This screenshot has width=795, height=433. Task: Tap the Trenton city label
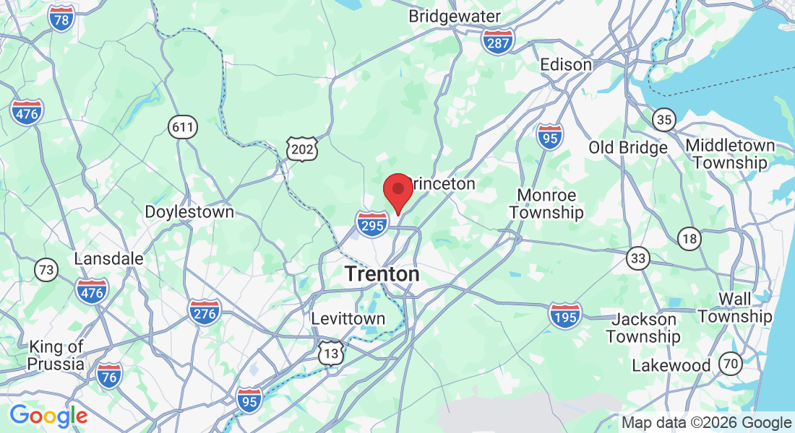point(382,274)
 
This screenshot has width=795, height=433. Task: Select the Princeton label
point(442,184)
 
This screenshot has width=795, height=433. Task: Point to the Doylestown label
point(189,212)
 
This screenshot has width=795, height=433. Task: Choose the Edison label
point(566,64)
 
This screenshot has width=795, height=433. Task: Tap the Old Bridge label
point(627,148)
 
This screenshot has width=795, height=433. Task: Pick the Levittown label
point(348,318)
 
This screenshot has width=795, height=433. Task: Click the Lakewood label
point(671,365)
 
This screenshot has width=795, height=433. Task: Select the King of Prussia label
point(56,356)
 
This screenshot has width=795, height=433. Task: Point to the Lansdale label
point(108,258)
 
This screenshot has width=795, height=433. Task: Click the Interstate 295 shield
point(372,224)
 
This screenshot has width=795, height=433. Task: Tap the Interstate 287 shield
point(498,40)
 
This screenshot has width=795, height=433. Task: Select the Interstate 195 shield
point(564,315)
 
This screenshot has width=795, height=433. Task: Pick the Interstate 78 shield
point(61,19)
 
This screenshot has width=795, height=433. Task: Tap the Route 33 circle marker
point(638,258)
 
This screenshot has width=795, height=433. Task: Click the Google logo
point(48,416)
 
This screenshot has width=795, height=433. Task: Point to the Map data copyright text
point(706,423)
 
